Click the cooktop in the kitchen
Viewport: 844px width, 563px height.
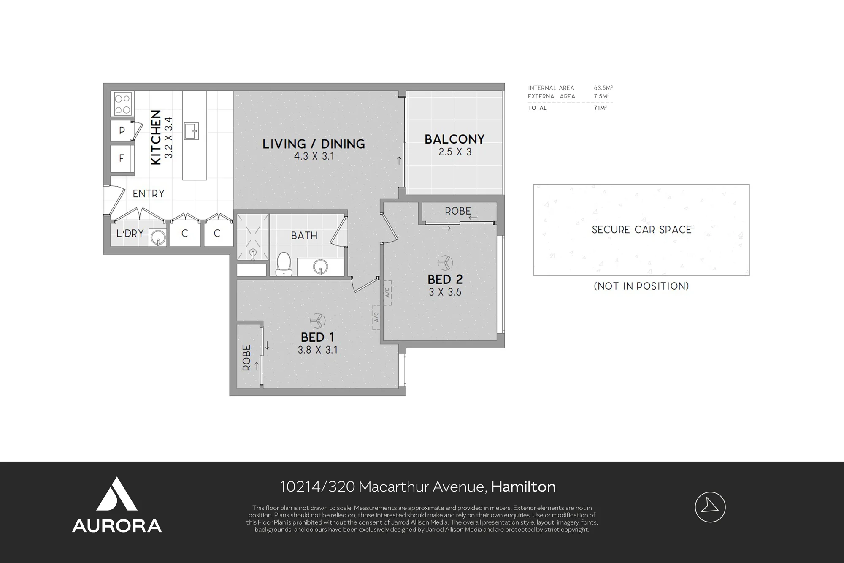click(x=123, y=104)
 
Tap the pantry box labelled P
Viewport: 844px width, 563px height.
click(x=122, y=131)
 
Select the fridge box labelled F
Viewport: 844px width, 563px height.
click(x=122, y=158)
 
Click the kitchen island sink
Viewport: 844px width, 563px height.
click(x=192, y=131)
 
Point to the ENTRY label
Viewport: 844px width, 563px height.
click(x=149, y=194)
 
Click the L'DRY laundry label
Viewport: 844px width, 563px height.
click(x=130, y=234)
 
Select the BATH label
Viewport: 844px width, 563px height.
click(x=304, y=236)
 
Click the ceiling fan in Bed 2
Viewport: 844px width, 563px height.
click(x=445, y=263)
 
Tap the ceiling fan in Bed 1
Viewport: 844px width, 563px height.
click(x=317, y=321)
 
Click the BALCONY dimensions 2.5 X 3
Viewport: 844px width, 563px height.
click(x=455, y=152)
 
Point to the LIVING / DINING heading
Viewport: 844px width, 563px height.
click(x=314, y=144)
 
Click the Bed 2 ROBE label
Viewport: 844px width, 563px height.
click(x=458, y=211)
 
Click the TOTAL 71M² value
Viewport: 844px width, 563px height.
click(x=600, y=108)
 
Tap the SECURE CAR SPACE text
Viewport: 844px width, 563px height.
click(x=641, y=230)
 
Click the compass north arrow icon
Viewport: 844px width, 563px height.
click(x=710, y=507)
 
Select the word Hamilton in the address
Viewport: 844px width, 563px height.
click(x=523, y=487)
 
